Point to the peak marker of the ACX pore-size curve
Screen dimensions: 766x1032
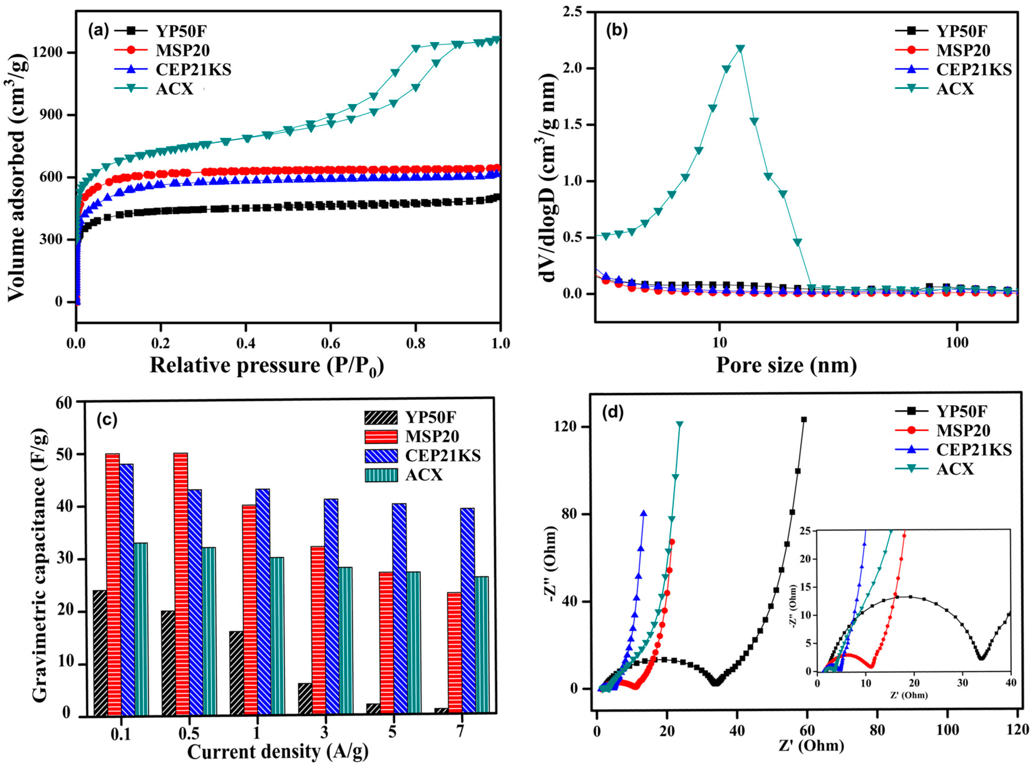tap(740, 49)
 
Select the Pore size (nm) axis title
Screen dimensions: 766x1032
tap(786, 365)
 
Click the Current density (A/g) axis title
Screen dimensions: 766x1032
tap(278, 751)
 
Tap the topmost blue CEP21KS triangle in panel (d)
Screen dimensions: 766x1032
tap(644, 513)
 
